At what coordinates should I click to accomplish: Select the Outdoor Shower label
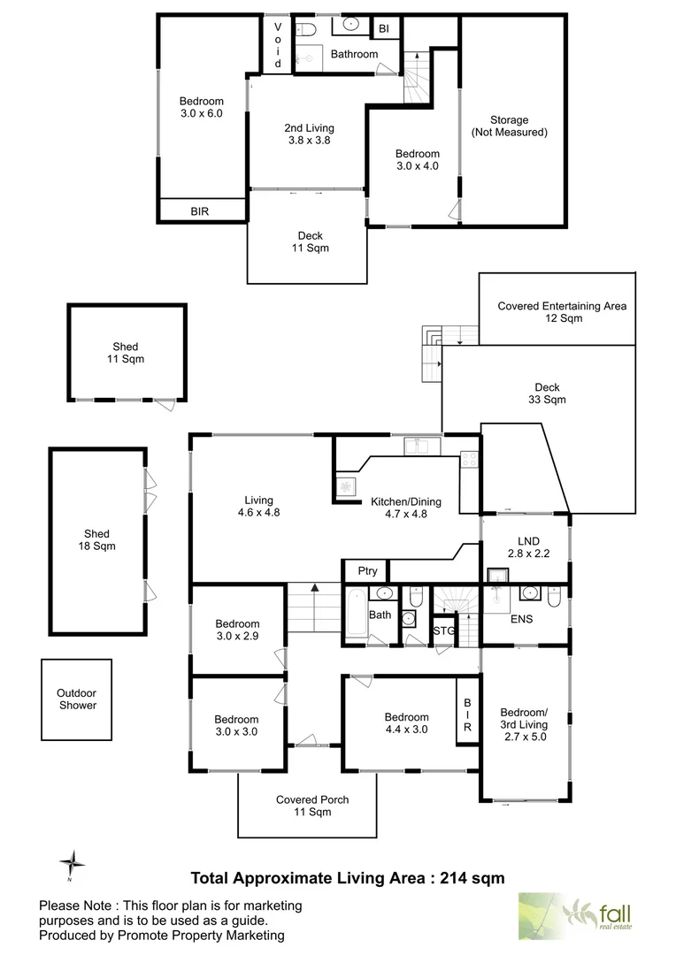[76, 699]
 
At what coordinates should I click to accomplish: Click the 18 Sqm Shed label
[97, 539]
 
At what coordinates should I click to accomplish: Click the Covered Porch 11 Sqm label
[311, 806]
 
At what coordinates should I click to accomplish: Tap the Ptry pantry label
[366, 571]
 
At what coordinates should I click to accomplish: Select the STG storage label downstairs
[443, 630]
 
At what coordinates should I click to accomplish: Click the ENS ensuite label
[521, 619]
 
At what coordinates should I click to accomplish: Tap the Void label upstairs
[277, 46]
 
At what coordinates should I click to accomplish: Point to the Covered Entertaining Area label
[562, 312]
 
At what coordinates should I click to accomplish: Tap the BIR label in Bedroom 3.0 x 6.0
[201, 211]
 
